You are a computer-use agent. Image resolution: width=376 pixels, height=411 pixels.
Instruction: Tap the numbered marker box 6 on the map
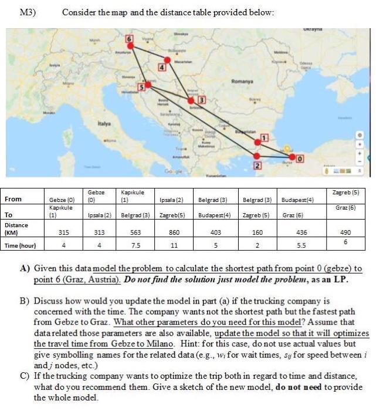(130, 38)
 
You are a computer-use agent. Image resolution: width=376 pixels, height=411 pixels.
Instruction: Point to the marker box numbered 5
(141, 87)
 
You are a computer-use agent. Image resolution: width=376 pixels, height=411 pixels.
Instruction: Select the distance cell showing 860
(173, 232)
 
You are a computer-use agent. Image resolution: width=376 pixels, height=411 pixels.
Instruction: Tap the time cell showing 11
(173, 245)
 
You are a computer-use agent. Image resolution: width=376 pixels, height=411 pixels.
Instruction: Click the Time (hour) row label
(21, 245)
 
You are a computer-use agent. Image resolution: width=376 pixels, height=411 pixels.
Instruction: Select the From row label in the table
(13, 199)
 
